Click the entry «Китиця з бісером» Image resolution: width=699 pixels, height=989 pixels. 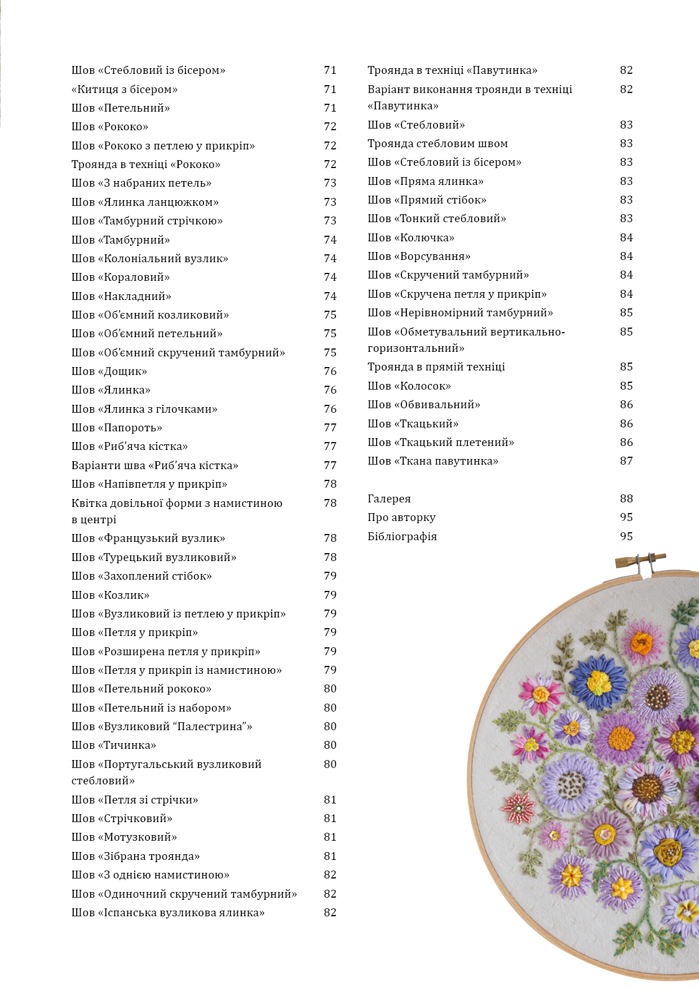(125, 89)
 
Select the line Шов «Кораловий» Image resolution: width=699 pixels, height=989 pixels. (121, 277)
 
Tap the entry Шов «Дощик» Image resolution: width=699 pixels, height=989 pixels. (109, 371)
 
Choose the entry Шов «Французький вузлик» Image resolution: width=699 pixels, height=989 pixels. (148, 538)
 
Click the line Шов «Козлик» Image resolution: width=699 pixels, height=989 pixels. (110, 595)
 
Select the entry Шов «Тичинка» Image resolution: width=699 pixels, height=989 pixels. (114, 745)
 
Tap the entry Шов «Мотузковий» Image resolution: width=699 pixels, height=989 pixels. (124, 837)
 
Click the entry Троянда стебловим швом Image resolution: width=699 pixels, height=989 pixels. (437, 143)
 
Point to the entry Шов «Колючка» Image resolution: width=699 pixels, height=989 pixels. (411, 237)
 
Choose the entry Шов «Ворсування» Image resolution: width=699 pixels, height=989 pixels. (419, 256)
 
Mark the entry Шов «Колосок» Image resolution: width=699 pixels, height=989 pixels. (409, 386)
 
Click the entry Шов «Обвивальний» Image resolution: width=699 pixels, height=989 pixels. (424, 404)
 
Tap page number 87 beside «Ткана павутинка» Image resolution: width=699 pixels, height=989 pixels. (626, 461)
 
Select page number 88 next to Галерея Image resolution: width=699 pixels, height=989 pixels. (626, 498)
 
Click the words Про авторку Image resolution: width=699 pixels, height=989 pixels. (401, 517)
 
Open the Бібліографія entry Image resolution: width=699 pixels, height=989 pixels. (402, 536)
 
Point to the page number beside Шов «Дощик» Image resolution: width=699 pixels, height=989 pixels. (330, 371)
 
